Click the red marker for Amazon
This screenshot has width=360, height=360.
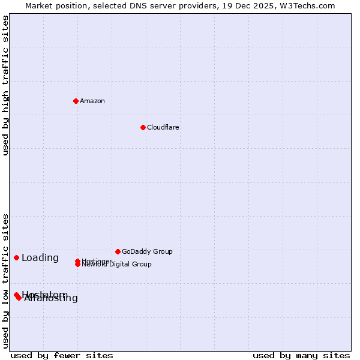click(x=76, y=101)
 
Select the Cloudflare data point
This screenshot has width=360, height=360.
click(x=143, y=127)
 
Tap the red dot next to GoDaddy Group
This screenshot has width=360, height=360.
click(x=118, y=251)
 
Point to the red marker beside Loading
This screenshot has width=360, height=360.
click(x=16, y=257)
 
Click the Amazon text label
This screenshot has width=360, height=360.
click(x=92, y=101)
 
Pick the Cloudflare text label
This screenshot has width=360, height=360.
click(x=163, y=127)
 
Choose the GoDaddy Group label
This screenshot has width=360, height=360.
click(x=147, y=251)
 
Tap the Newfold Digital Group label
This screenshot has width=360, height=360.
click(x=118, y=265)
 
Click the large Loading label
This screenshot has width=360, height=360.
click(x=40, y=258)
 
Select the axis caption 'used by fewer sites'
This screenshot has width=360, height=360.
click(x=62, y=355)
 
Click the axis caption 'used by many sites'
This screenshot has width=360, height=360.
click(x=301, y=355)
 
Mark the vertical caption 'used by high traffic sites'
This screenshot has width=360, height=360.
click(x=5, y=85)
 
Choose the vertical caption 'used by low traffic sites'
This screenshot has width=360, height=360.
click(x=5, y=281)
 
